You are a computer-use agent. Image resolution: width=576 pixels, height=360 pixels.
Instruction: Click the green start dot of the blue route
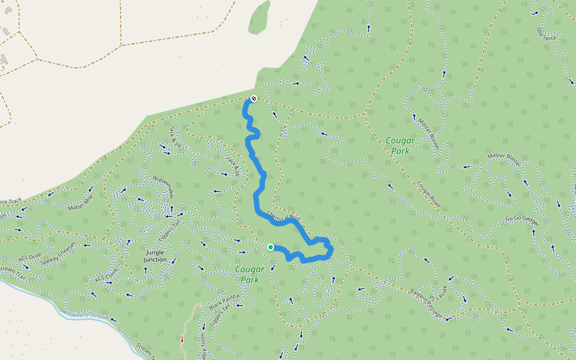pyautogui.click(x=271, y=247)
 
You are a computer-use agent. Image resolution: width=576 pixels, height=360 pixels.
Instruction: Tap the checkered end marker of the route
pyautogui.click(x=254, y=98)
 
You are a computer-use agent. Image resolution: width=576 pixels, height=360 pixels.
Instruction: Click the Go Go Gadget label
pyautogui.click(x=522, y=221)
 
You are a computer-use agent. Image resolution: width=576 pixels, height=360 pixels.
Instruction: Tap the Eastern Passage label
pyautogui.click(x=427, y=305)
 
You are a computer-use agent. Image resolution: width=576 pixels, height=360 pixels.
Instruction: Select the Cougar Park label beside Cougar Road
pyautogui.click(x=398, y=146)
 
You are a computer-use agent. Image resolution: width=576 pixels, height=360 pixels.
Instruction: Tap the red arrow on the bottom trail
pyautogui.click(x=182, y=339)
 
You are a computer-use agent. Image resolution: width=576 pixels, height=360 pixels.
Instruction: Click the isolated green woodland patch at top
pyautogui.click(x=259, y=16)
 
